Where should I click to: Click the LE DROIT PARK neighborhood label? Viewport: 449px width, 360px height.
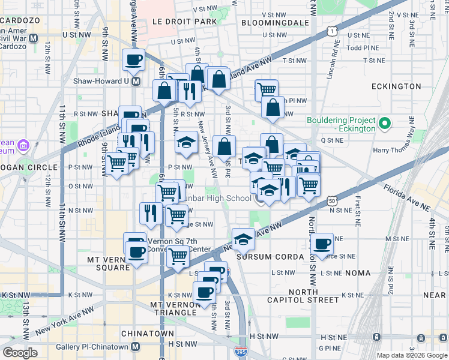pyautogui.click(x=184, y=21)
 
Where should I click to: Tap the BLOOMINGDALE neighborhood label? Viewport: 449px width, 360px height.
pyautogui.click(x=274, y=23)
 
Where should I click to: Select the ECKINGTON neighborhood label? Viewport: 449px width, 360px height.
pyautogui.click(x=396, y=86)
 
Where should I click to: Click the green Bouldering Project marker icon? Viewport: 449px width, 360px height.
pyautogui.click(x=386, y=124)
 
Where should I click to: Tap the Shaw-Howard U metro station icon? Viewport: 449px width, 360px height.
pyautogui.click(x=136, y=81)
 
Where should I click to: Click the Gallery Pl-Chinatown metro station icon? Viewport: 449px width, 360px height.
pyautogui.click(x=136, y=347)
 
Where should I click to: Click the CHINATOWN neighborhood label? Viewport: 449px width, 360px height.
pyautogui.click(x=147, y=333)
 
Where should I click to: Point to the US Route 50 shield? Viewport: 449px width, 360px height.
pyautogui.click(x=332, y=202)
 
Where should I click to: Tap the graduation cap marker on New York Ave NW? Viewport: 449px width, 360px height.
pyautogui.click(x=243, y=239)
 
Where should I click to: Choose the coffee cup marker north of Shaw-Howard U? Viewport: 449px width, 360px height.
pyautogui.click(x=133, y=59)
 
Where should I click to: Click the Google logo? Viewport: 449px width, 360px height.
pyautogui.click(x=20, y=353)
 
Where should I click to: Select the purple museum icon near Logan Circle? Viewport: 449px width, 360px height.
pyautogui.click(x=23, y=145)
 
